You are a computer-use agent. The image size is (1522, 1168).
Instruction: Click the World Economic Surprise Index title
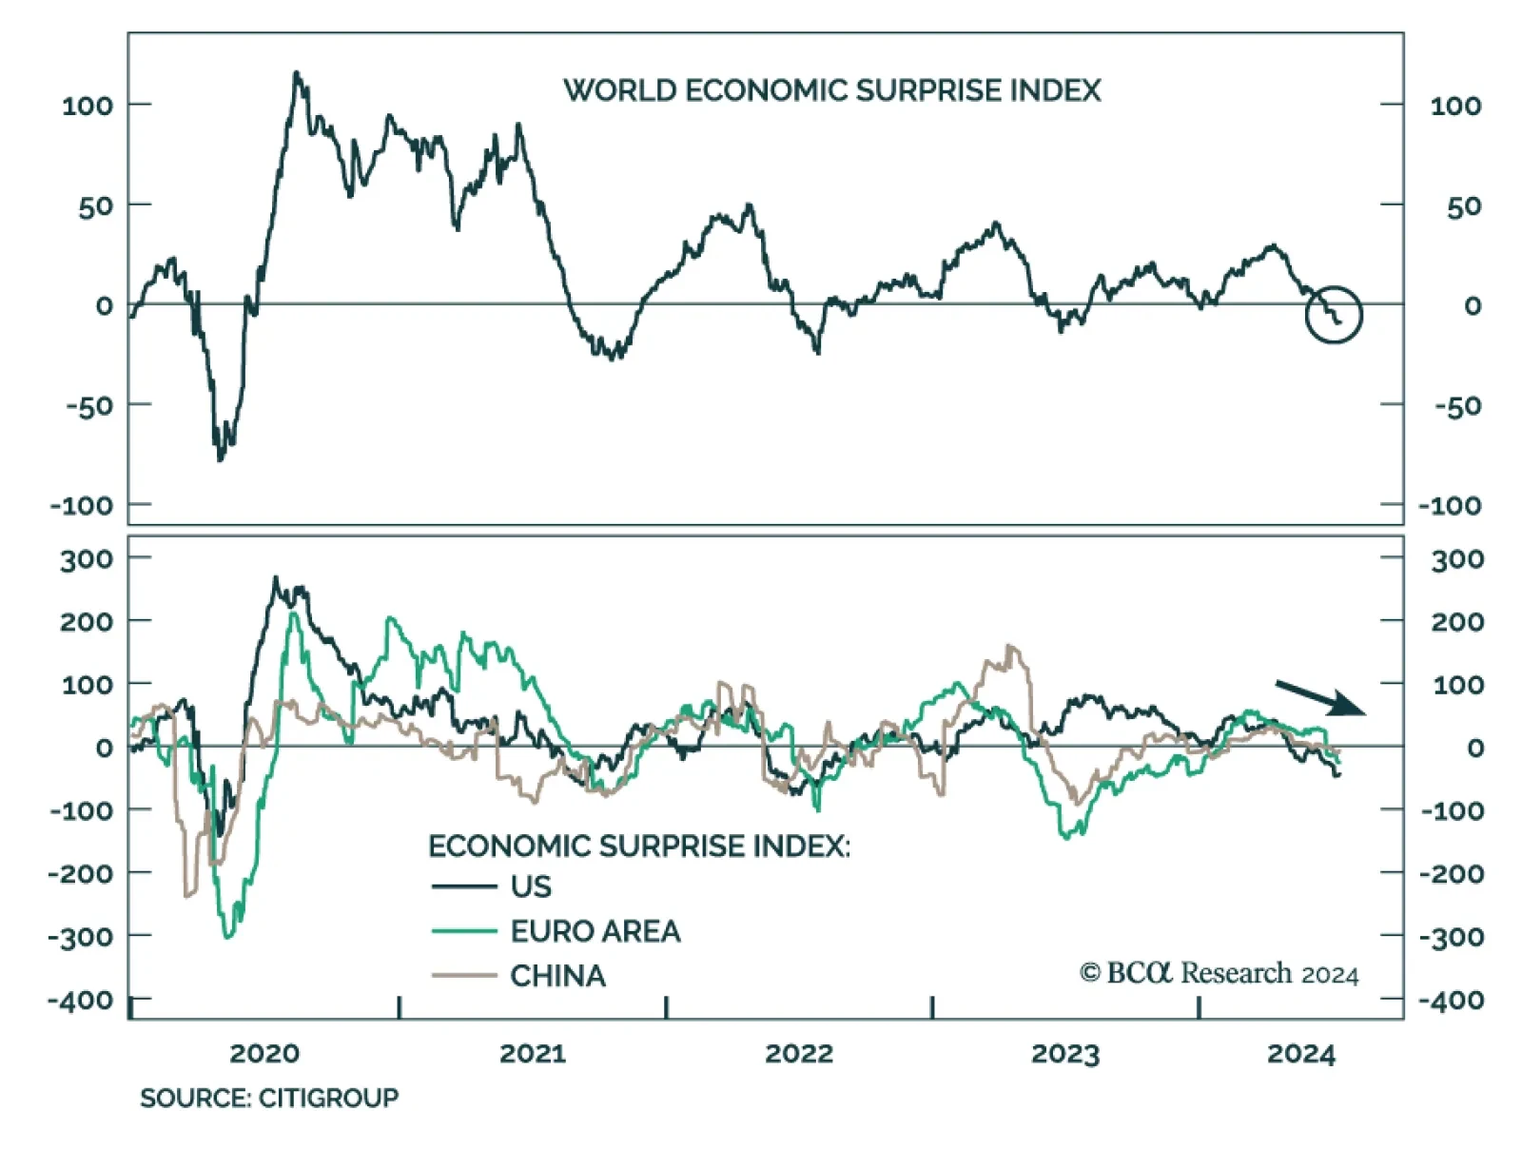[831, 90]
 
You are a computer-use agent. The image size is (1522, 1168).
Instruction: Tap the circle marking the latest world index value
[1334, 314]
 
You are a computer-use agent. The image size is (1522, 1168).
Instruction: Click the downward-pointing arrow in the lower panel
[1320, 697]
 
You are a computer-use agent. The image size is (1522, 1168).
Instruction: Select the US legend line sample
[464, 886]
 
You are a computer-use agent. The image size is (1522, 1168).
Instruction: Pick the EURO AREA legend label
[595, 931]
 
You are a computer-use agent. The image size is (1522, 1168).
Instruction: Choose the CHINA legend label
[557, 976]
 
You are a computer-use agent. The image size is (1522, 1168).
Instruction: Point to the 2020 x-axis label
[264, 1054]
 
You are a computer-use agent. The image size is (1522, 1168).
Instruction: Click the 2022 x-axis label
[799, 1054]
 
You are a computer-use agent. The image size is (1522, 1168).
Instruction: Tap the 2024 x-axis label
[1301, 1054]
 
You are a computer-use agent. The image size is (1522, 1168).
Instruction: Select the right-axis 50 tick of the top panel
[1463, 206]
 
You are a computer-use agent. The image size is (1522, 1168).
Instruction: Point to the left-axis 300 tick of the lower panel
[87, 559]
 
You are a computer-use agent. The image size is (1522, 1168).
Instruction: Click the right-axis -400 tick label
[1452, 1001]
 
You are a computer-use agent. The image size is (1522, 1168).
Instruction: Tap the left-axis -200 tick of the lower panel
[80, 873]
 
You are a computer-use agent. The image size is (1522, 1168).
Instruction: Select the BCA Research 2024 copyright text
[1219, 973]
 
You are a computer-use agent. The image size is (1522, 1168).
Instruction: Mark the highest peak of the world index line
[296, 72]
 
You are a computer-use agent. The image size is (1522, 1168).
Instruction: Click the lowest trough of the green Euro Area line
[227, 938]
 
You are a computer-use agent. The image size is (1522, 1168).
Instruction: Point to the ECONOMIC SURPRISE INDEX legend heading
[638, 846]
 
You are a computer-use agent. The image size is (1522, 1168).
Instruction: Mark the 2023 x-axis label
[1065, 1054]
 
